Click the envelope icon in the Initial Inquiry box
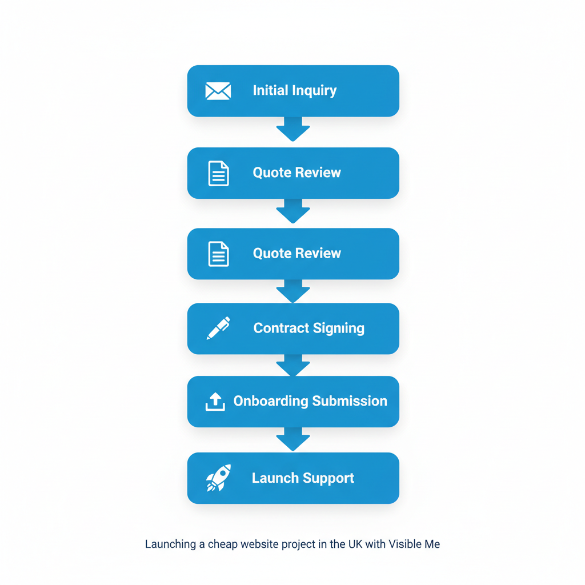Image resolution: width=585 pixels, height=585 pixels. pyautogui.click(x=218, y=91)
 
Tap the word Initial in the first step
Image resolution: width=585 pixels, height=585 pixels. pyautogui.click(x=271, y=90)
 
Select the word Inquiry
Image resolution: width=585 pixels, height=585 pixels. pyautogui.click(x=315, y=91)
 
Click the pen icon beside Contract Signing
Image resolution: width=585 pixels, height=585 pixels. pyautogui.click(x=218, y=328)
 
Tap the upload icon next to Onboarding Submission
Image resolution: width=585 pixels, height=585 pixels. pyautogui.click(x=215, y=402)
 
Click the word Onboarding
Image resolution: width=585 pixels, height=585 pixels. pyautogui.click(x=271, y=401)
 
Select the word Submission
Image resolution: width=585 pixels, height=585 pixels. pyautogui.click(x=349, y=401)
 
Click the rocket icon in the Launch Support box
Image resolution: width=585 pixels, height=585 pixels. pyautogui.click(x=218, y=478)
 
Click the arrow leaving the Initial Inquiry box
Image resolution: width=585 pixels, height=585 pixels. pyautogui.click(x=293, y=130)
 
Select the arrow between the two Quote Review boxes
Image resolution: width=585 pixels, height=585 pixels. pyautogui.click(x=293, y=212)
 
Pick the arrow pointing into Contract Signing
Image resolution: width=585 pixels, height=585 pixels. pyautogui.click(x=293, y=292)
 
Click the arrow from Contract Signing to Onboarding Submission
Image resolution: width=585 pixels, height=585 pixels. pyautogui.click(x=293, y=366)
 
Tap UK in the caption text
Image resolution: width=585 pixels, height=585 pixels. pyautogui.click(x=355, y=544)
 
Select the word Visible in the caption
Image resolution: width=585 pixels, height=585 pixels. pyautogui.click(x=405, y=544)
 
